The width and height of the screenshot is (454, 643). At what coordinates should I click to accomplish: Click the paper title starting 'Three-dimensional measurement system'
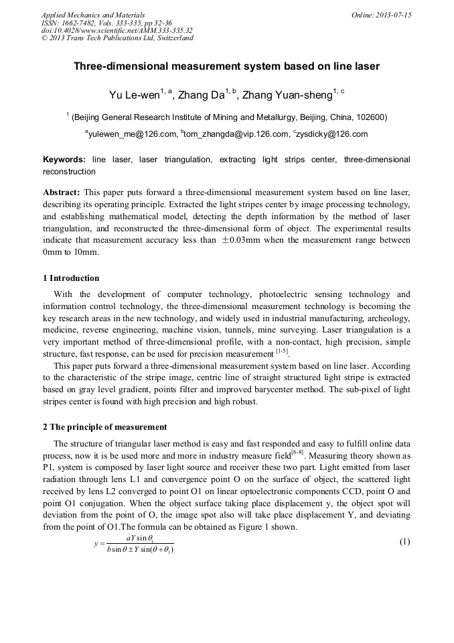226,66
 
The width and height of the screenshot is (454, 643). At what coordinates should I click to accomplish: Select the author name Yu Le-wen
133,95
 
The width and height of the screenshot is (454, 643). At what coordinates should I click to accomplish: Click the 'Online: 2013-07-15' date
381,15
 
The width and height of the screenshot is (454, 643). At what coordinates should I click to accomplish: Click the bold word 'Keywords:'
64,160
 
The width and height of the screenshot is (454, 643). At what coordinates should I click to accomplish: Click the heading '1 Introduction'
71,278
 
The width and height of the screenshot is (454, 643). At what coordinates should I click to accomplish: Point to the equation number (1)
404,542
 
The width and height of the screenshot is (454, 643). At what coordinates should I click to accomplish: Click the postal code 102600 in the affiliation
371,117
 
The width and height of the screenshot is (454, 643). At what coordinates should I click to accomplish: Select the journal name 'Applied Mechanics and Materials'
92,15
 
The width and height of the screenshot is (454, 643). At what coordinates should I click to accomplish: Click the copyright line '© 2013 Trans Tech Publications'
117,38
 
